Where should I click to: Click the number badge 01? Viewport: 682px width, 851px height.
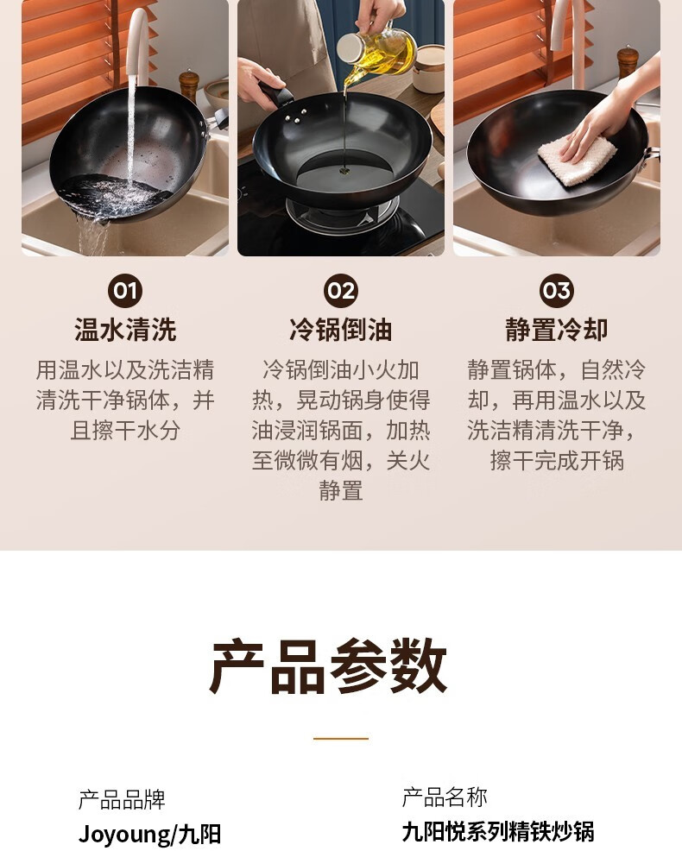125,291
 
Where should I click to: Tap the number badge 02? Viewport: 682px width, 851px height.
341,291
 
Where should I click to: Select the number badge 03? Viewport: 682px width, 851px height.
557,291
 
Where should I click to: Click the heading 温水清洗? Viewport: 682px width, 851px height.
125,330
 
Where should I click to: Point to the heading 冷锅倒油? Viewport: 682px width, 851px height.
341,330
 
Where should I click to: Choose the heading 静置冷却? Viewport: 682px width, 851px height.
557,330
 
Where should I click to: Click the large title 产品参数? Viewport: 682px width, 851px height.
329,666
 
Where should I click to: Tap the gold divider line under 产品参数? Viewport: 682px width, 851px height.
341,738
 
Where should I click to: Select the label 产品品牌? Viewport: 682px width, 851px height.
122,799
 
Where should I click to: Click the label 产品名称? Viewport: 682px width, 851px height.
445,797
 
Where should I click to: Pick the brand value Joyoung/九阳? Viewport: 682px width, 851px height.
149,835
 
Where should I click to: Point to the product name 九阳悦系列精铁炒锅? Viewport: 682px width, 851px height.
498,831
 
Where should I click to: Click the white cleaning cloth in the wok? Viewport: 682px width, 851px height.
577,161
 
